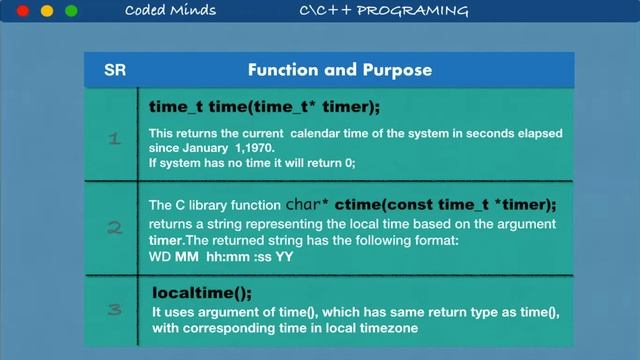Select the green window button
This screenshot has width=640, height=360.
[71, 11]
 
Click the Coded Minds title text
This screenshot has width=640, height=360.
[167, 11]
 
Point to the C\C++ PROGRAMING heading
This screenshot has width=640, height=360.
[383, 11]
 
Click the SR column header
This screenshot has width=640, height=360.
[114, 70]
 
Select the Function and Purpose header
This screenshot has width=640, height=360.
[340, 70]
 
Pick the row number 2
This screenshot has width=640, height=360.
[114, 227]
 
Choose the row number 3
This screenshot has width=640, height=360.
[114, 309]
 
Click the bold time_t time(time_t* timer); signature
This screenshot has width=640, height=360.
[265, 106]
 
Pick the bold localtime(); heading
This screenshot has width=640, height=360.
[202, 293]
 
